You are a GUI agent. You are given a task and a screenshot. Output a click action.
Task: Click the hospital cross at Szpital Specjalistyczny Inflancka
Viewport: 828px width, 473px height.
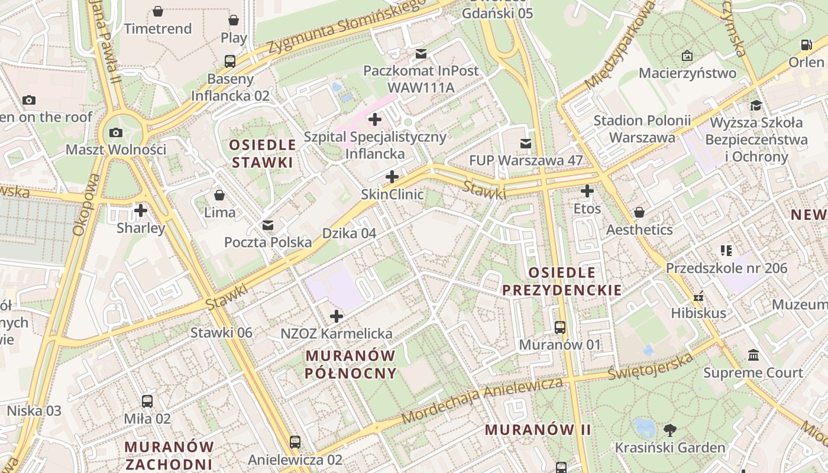click(374, 119)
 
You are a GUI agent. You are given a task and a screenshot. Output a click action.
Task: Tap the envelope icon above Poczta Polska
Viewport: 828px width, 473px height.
click(268, 225)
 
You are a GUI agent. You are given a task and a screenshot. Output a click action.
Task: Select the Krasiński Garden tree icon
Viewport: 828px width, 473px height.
click(669, 430)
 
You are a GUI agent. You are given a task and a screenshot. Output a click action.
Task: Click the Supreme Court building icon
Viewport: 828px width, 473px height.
click(753, 355)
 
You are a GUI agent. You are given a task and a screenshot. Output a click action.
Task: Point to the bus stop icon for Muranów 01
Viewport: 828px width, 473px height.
click(559, 327)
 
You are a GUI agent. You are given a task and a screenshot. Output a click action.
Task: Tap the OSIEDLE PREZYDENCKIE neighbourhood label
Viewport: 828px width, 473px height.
click(561, 281)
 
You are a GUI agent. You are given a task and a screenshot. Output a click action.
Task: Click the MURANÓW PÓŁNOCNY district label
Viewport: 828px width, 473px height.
click(351, 364)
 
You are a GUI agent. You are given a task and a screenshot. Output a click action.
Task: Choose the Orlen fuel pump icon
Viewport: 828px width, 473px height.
click(806, 45)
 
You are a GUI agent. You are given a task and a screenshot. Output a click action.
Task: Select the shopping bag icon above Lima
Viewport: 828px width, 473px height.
click(219, 195)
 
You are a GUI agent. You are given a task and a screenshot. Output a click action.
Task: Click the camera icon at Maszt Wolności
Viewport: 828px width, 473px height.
click(116, 132)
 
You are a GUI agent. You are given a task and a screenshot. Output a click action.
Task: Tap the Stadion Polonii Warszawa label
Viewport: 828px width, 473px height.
click(642, 129)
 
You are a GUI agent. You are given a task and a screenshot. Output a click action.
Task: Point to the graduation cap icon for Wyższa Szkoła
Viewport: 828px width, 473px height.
click(756, 106)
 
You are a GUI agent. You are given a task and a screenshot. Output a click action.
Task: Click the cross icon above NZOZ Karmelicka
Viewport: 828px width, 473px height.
click(337, 316)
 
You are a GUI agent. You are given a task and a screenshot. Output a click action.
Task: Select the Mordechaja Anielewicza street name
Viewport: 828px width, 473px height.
click(482, 400)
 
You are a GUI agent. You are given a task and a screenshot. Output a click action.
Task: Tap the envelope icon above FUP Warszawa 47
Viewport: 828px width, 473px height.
click(525, 143)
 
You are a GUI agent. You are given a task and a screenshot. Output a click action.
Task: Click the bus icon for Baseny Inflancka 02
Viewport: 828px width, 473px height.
click(229, 61)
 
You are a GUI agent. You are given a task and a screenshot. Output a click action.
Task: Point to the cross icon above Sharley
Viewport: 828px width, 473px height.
click(141, 210)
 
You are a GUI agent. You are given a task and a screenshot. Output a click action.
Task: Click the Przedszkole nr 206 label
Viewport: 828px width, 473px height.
click(727, 268)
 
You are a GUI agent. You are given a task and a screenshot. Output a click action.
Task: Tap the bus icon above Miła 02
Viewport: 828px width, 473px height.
click(147, 401)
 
